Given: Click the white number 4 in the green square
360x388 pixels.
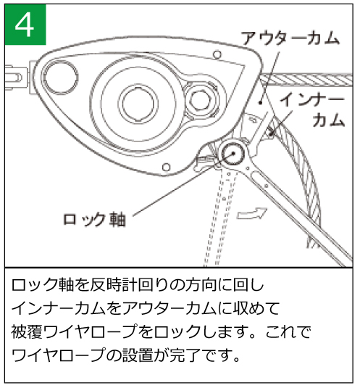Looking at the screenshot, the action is (x=24, y=25).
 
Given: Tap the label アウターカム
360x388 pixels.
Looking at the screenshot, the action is (x=290, y=38).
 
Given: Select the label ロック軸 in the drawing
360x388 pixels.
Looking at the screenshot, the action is (x=95, y=220).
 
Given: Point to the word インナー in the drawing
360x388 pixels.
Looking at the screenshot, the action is (x=311, y=100).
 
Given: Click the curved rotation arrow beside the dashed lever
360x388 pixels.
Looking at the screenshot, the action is (x=252, y=213).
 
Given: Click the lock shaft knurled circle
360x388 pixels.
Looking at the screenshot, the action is (x=233, y=154).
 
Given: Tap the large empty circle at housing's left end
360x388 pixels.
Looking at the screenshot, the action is (x=61, y=77).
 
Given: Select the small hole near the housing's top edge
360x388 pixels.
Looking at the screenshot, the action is (x=217, y=54).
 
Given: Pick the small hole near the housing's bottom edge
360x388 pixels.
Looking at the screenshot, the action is (x=167, y=168).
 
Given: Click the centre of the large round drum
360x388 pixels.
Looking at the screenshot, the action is (x=138, y=104).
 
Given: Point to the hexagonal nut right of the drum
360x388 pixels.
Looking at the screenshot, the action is (x=200, y=100).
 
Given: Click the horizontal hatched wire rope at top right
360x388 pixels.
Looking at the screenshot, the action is (x=306, y=80).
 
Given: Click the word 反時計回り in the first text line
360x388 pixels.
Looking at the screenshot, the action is (x=125, y=285).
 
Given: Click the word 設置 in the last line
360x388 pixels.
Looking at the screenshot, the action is (x=137, y=355).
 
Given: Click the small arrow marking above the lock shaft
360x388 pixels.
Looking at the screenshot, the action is (x=253, y=120).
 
